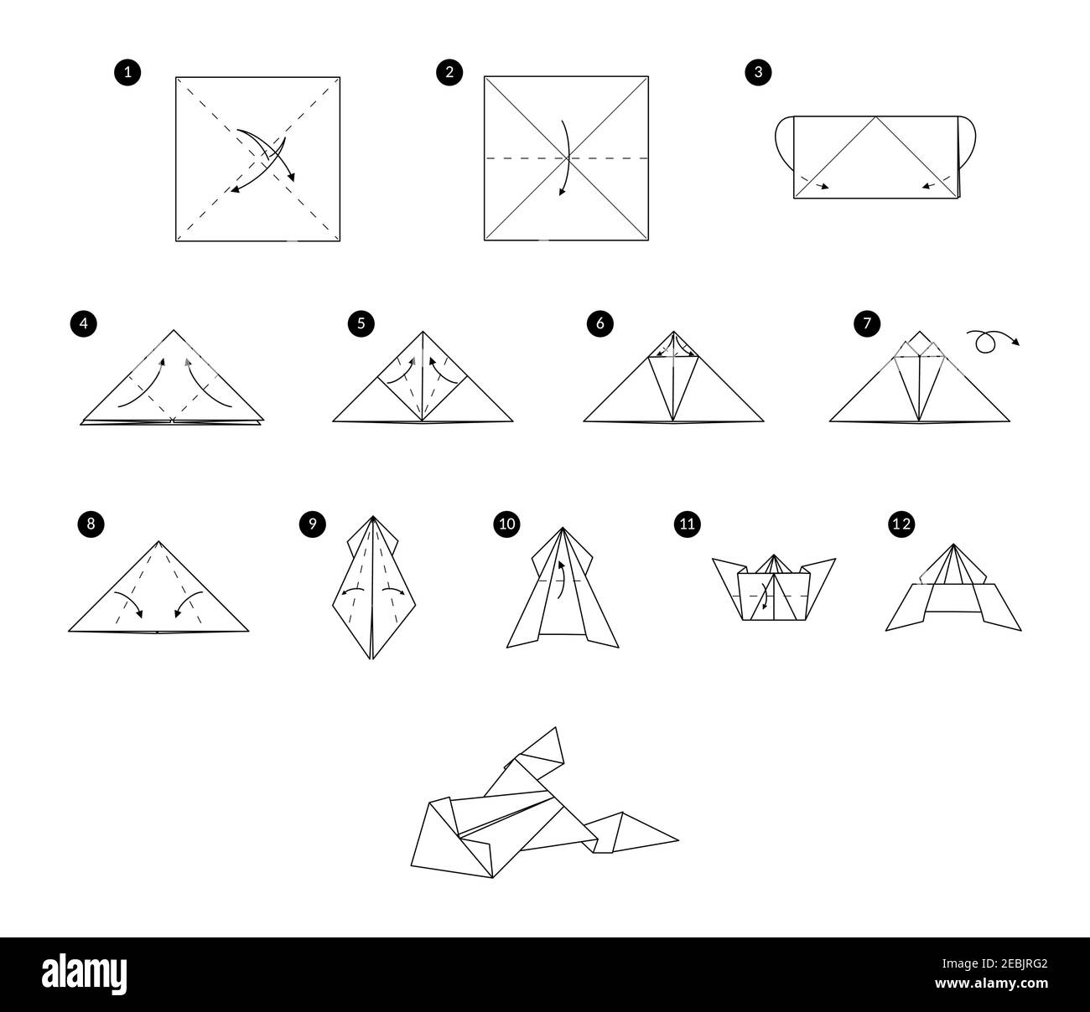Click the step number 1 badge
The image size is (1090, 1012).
point(127,73)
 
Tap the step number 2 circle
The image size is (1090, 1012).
point(449,73)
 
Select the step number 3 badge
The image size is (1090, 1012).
point(758,73)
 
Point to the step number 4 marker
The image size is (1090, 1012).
point(83,323)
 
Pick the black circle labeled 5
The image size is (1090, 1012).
point(361,323)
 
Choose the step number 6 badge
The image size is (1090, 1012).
point(599,323)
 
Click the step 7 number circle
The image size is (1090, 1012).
point(865,323)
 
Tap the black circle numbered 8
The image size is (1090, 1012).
point(90,524)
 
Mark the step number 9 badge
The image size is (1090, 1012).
point(311,524)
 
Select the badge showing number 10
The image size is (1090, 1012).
point(507,524)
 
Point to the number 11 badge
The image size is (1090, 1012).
point(687,524)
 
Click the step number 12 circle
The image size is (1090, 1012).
point(901,524)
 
